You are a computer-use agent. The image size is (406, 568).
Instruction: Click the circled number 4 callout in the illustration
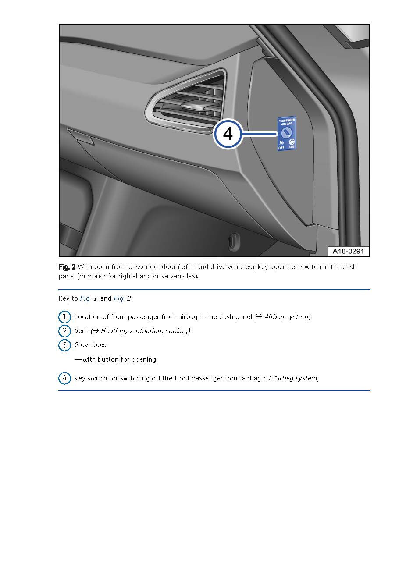point(228,134)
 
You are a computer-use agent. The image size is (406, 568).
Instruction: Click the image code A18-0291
point(348,251)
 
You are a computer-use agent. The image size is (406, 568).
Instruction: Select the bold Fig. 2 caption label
point(67,267)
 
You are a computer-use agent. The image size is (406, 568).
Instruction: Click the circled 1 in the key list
point(64,317)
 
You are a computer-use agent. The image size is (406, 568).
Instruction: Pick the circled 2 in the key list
point(64,331)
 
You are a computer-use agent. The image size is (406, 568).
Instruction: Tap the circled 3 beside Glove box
point(64,345)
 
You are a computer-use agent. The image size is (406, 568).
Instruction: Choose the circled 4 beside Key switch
point(64,378)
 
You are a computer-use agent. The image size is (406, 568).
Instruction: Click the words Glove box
point(90,345)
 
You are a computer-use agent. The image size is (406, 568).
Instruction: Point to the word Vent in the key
point(81,331)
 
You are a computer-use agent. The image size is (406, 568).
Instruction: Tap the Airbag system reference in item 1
point(285,317)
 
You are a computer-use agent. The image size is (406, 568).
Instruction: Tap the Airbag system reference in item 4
point(294,378)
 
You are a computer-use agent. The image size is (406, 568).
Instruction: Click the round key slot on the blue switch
point(286,133)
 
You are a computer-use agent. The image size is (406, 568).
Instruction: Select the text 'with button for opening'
point(119,359)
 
